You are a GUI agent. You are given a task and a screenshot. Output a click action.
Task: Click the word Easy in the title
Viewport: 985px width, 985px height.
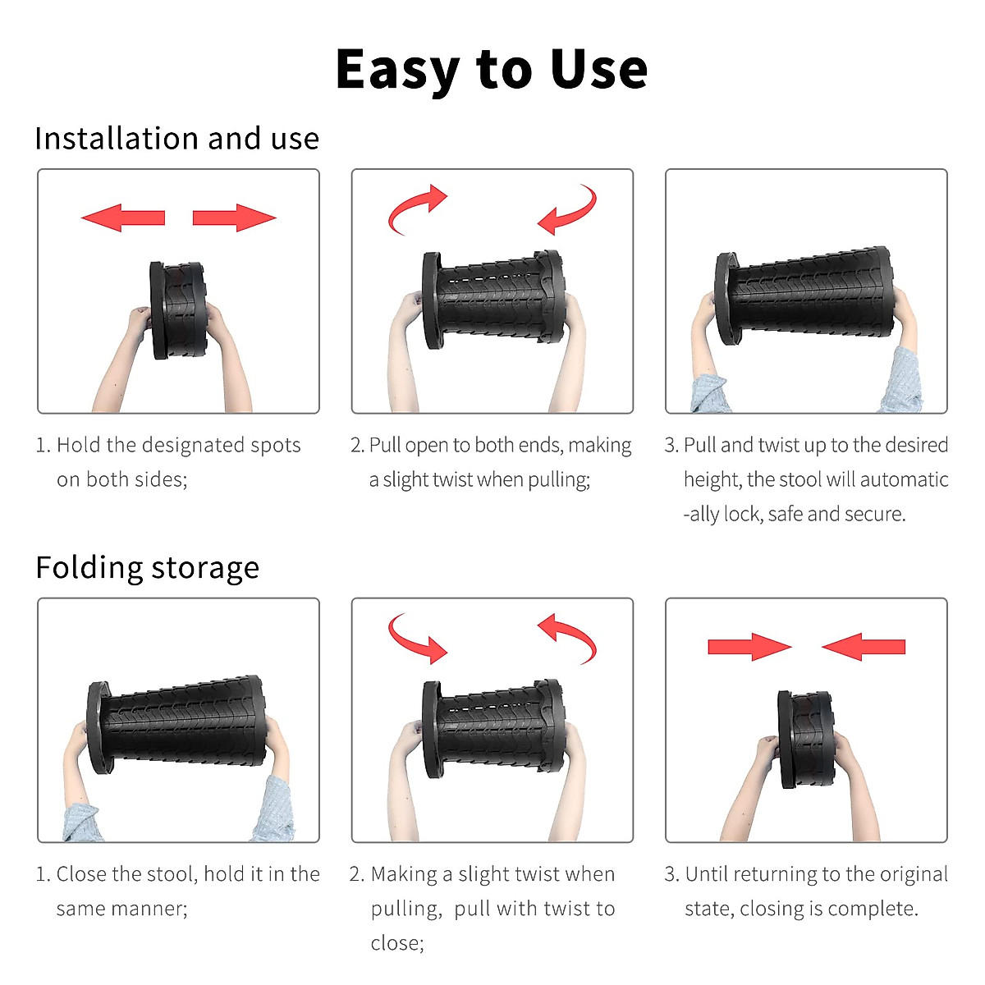[x=397, y=71]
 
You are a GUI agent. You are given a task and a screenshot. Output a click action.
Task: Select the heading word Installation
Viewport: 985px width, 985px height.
[x=117, y=139]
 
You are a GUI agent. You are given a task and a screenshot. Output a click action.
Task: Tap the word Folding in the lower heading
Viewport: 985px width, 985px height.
[x=89, y=569]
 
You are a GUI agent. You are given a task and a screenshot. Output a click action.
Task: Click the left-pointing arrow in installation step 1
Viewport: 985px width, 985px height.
[x=122, y=218]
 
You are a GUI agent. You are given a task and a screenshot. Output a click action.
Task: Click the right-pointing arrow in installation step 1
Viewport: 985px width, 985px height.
[x=235, y=218]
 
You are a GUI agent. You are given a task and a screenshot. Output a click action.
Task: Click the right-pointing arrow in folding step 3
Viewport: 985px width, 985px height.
[x=750, y=647]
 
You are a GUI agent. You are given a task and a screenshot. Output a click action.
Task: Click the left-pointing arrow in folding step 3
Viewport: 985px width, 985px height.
[x=864, y=647]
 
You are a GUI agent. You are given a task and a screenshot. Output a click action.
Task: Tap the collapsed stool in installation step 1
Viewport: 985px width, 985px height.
[x=178, y=309]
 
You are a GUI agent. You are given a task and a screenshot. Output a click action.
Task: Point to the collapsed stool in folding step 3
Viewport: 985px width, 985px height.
[x=806, y=739]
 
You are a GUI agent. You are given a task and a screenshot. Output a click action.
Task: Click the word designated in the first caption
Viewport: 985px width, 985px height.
[x=193, y=446]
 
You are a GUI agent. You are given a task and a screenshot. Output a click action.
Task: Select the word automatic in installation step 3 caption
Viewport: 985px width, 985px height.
[x=904, y=479]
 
